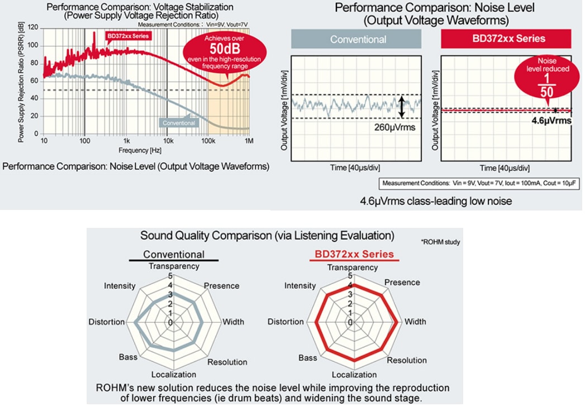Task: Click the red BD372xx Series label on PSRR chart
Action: pos(128,36)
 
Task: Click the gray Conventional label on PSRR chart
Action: pos(179,123)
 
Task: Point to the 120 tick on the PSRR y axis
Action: pos(33,28)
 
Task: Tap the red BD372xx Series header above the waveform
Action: pos(506,39)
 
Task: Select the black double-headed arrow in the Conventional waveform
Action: pos(401,107)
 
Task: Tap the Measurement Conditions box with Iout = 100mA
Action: pos(479,183)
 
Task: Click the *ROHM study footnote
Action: pos(440,242)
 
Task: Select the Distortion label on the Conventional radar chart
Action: pos(106,322)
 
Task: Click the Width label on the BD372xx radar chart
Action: pos(415,322)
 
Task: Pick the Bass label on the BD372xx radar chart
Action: pos(307,358)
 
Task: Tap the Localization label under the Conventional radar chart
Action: pos(173,374)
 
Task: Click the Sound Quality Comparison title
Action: pos(267,235)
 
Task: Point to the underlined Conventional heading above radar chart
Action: pos(174,255)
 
